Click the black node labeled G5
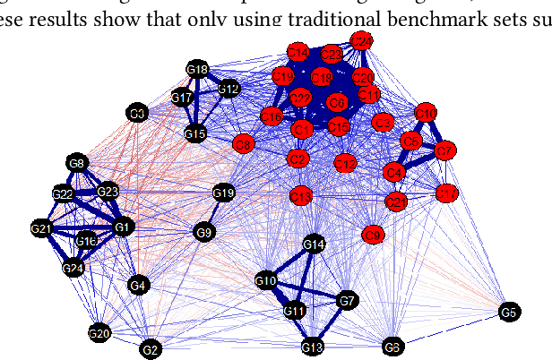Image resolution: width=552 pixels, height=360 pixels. (508, 312)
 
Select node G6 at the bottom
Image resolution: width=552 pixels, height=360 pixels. (392, 347)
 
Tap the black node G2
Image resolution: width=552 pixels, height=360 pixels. (151, 348)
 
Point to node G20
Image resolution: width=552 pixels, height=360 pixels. (99, 334)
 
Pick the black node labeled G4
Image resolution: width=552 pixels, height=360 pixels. (137, 286)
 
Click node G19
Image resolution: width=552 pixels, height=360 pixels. (223, 193)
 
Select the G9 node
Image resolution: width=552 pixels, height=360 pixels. (204, 233)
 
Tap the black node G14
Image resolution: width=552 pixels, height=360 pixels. (314, 244)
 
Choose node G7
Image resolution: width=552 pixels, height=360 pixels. (348, 300)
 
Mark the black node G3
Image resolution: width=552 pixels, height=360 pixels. (137, 114)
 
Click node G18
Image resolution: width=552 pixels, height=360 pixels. (198, 70)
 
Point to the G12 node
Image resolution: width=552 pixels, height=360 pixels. (228, 89)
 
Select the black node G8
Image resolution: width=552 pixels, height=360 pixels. (77, 163)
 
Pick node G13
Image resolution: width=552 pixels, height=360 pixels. (312, 347)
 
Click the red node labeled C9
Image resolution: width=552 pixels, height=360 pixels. (374, 235)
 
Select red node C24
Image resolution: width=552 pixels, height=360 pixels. (362, 42)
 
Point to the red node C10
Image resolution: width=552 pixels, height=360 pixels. (427, 113)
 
